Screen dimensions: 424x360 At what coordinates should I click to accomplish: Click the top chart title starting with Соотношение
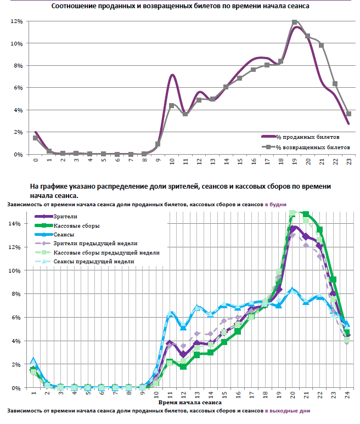pyautogui.click(x=180, y=6)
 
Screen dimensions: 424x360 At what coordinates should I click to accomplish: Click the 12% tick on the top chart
pyautogui.click(x=15, y=21)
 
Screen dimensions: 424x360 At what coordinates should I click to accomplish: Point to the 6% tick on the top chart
pyautogui.click(x=16, y=88)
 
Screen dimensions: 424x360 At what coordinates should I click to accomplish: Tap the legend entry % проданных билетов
pyautogui.click(x=308, y=136)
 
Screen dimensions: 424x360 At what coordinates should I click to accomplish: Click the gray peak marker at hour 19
pyautogui.click(x=295, y=22)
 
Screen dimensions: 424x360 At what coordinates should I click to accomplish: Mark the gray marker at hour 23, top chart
pyautogui.click(x=349, y=114)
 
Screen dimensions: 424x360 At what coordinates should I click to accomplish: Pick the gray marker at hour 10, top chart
pyautogui.click(x=172, y=105)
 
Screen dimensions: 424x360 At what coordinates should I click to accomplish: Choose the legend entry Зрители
pyautogui.click(x=65, y=217)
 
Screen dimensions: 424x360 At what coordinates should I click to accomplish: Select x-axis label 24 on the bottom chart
pyautogui.click(x=347, y=394)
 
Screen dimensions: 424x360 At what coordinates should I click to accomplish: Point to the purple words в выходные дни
pyautogui.click(x=288, y=410)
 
